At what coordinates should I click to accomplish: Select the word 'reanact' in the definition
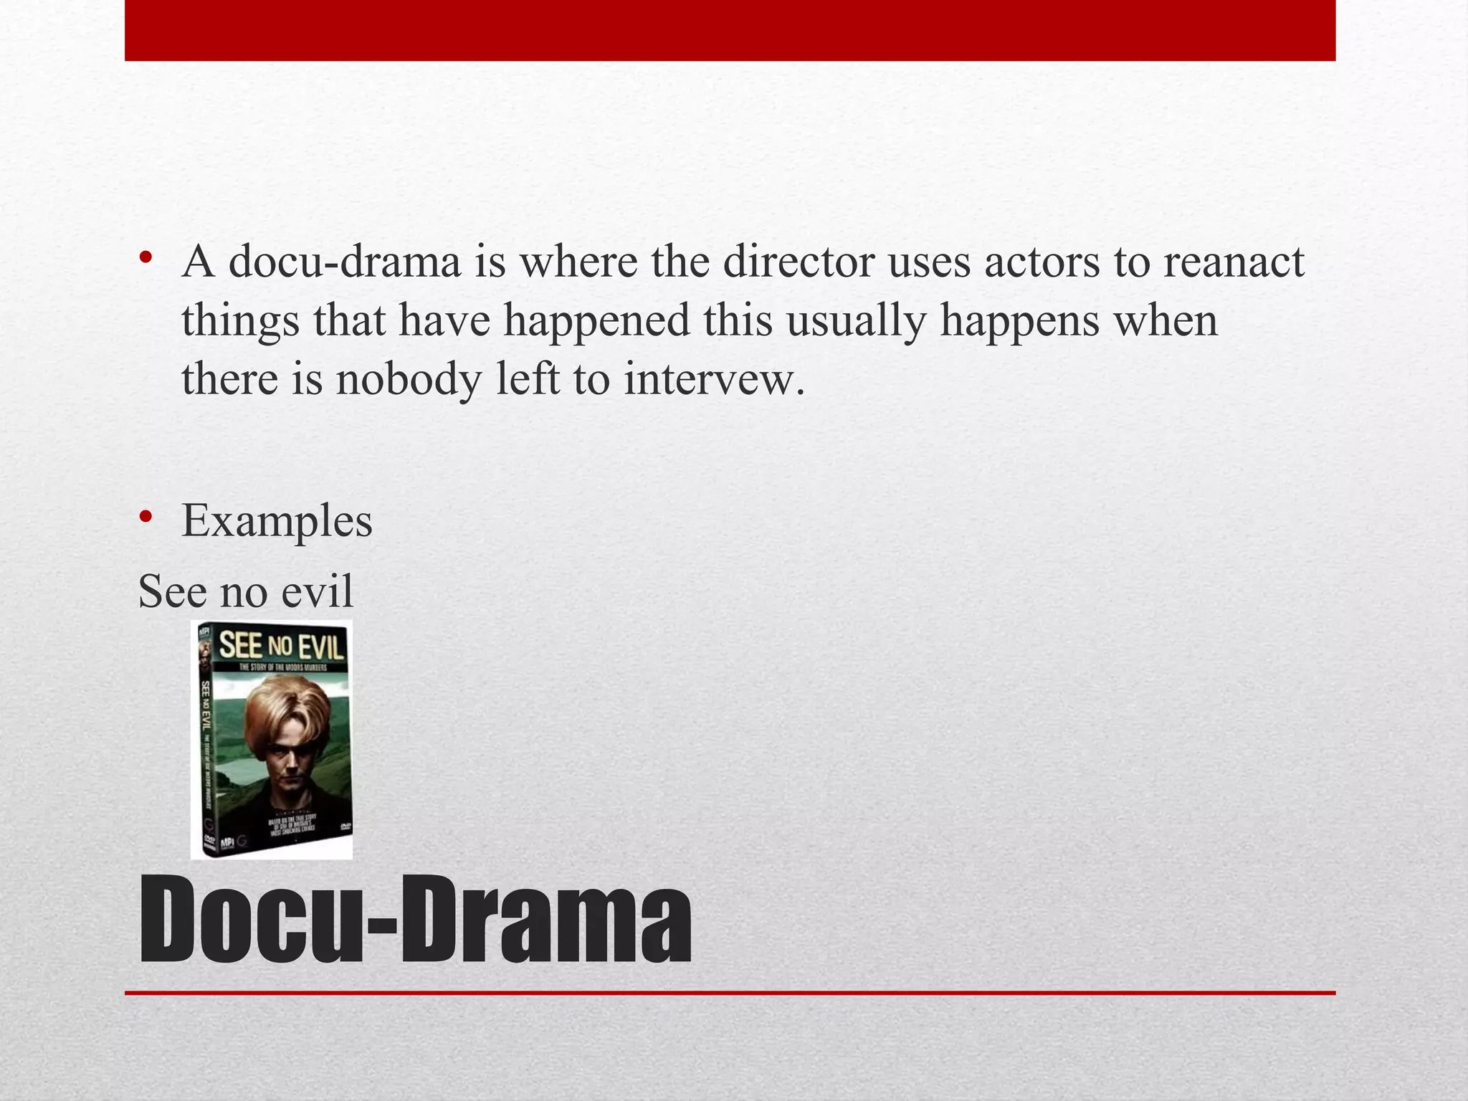click(x=1233, y=262)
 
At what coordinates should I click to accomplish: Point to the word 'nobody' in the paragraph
click(x=409, y=379)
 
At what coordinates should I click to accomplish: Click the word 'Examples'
click(x=277, y=520)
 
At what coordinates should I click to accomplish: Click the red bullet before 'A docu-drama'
click(x=146, y=258)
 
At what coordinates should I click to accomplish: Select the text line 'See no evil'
click(x=245, y=592)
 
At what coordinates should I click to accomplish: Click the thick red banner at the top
click(x=730, y=30)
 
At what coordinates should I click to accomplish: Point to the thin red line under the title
click(x=730, y=993)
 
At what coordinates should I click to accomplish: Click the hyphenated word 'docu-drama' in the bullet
click(x=345, y=262)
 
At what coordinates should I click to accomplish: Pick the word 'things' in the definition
click(x=240, y=321)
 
